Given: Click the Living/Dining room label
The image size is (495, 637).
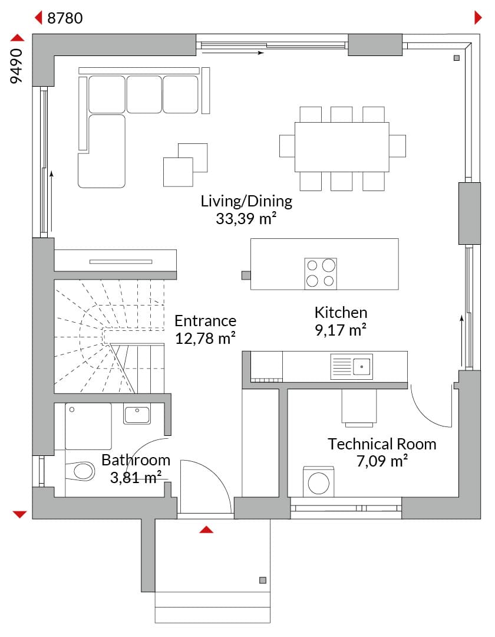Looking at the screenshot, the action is [246, 202].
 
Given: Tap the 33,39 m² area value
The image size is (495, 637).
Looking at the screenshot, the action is [246, 219].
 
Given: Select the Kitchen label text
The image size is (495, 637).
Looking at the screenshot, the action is [341, 313].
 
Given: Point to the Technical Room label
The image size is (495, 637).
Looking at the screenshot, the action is [382, 444].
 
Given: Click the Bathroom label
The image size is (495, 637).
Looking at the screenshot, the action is [136, 460].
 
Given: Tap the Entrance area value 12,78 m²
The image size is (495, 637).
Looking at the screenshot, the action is [205, 339].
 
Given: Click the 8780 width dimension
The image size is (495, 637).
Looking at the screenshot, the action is [65, 18].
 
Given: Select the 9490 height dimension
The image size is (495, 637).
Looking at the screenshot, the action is [16, 66].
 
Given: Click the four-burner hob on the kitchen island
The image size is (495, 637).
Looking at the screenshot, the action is [321, 274].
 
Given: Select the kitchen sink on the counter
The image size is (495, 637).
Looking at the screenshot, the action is [351, 366].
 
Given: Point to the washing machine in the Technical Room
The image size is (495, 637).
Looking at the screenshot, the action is [318, 482].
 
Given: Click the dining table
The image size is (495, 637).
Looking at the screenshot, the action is [342, 147].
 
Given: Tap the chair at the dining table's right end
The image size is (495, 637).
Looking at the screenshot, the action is [397, 146].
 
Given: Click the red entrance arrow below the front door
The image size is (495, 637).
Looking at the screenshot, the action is [206, 529].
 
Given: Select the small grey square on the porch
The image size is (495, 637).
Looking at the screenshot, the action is [263, 580].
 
